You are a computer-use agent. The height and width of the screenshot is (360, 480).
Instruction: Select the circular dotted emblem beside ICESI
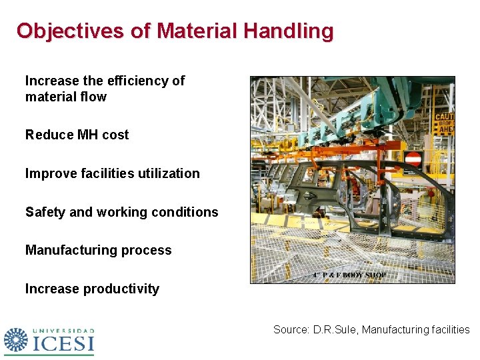point(16,340)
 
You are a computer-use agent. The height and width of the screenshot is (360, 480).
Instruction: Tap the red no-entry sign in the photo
point(413,159)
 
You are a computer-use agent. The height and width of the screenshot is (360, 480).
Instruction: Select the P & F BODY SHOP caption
point(349,275)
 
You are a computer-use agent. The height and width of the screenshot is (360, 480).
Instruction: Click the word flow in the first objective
point(93,97)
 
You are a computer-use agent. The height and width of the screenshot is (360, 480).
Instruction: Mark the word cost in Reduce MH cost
point(115,135)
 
